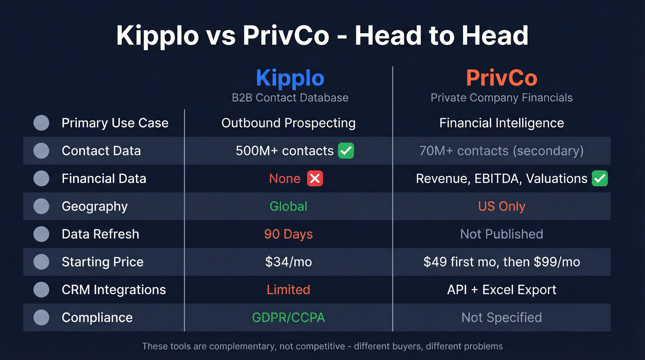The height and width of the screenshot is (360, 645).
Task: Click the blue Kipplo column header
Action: [x=290, y=78]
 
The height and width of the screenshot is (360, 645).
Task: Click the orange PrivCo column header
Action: [x=501, y=78]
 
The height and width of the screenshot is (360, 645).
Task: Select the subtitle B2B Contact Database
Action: [x=290, y=98]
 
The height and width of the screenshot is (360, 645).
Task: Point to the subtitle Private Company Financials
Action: [x=501, y=98]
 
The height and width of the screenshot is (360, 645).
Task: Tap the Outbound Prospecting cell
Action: [x=288, y=123]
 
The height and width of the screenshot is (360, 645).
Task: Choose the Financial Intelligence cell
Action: [x=501, y=123]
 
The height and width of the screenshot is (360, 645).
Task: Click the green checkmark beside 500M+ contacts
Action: [x=346, y=151]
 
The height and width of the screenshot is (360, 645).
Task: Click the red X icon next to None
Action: [x=315, y=178]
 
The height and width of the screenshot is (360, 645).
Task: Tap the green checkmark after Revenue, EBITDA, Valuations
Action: [x=600, y=178]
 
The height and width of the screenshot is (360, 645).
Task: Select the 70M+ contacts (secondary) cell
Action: [x=501, y=151]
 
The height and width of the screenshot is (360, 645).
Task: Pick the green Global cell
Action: [x=288, y=206]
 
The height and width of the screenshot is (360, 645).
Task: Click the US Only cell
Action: [x=501, y=206]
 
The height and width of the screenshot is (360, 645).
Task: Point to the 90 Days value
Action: [x=288, y=234]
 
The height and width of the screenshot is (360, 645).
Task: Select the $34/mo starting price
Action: [x=288, y=262]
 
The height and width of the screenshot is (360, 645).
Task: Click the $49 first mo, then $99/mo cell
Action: [x=501, y=262]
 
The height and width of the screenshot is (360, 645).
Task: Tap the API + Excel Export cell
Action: [x=501, y=289]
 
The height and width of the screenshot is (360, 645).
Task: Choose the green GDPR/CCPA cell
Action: [x=288, y=318]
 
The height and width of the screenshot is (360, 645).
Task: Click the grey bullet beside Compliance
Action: [x=41, y=317]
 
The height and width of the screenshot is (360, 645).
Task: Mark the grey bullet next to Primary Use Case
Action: [x=41, y=123]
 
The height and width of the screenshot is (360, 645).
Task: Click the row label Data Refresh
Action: [x=100, y=234]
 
